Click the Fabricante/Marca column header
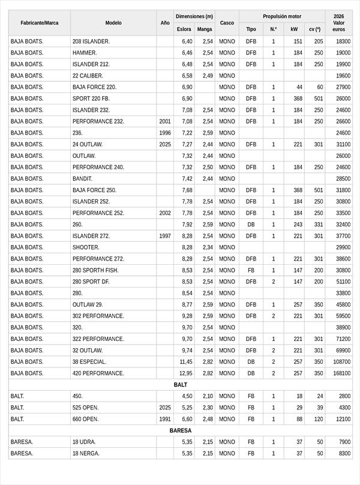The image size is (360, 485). [40, 23]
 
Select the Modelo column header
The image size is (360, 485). [113, 23]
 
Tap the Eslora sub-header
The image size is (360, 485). [184, 29]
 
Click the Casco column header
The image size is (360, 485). [227, 23]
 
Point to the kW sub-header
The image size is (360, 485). [293, 29]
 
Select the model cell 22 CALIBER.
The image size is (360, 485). [88, 76]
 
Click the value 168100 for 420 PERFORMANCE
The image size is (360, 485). [341, 373]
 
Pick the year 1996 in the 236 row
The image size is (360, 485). [165, 133]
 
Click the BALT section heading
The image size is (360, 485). [181, 385]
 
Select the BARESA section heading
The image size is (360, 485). [181, 431]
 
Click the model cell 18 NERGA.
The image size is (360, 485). [86, 454]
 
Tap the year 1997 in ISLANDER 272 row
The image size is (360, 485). [165, 236]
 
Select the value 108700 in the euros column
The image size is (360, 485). [341, 362]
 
